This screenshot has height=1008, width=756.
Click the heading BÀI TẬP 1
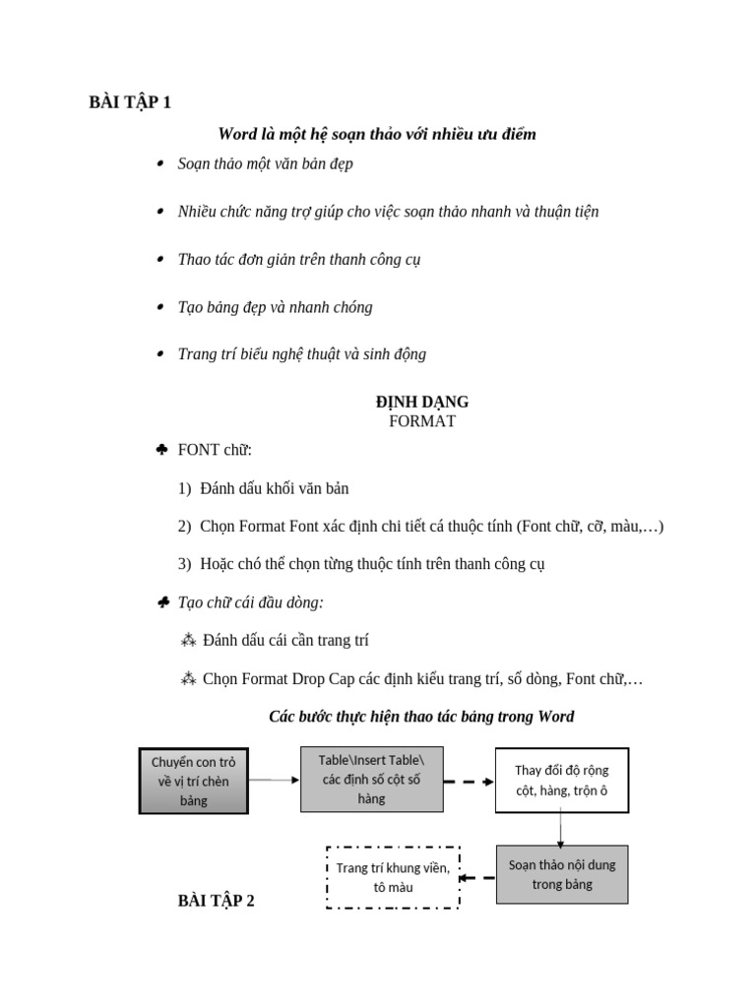pos(130,102)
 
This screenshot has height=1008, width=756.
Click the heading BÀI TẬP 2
pos(216,900)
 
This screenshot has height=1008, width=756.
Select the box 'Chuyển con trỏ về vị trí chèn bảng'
pos(194,781)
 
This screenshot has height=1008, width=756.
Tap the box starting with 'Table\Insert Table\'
pos(371,779)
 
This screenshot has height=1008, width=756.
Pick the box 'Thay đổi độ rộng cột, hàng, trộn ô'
pos(561,780)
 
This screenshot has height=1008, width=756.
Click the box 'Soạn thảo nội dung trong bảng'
pos(561,874)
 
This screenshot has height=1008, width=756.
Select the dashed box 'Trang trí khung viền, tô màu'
pos(393,877)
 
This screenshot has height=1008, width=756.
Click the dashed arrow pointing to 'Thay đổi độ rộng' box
pos(469,782)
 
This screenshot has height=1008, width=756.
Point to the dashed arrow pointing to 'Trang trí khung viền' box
pos(478,877)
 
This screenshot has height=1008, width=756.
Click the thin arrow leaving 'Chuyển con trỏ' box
pos(274,780)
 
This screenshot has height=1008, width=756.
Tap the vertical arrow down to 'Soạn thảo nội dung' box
pos(560,829)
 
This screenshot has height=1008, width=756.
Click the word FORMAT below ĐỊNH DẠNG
pos(422,421)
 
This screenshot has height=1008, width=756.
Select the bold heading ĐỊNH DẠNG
pos(422,402)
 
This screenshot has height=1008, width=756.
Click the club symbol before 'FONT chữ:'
pos(162,450)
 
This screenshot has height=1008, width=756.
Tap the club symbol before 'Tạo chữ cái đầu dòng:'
pos(162,602)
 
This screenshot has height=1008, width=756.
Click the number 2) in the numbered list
pos(184,527)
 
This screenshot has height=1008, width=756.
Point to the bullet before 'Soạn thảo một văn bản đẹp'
pos(160,164)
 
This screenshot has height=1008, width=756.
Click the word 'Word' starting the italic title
pos(236,134)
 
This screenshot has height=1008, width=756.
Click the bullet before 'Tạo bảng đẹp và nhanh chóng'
pos(160,307)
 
